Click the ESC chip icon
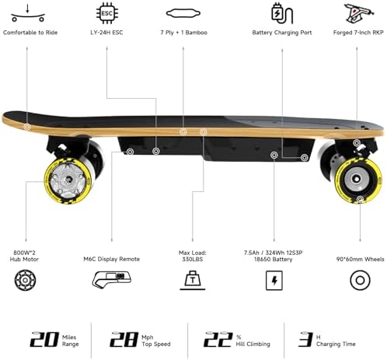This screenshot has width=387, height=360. (x=106, y=13)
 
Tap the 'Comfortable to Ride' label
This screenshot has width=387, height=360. (x=30, y=33)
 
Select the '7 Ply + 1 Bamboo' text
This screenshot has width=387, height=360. (x=183, y=33)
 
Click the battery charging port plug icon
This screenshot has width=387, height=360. (x=282, y=13)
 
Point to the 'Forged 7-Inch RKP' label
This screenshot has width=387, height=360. (x=358, y=33)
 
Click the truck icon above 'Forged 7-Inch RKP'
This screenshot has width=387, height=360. (x=359, y=13)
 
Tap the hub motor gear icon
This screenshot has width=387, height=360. (x=25, y=280)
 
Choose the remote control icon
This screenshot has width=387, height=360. (x=112, y=280)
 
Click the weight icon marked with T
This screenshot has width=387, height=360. (x=193, y=280)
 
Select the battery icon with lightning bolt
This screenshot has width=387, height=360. (x=274, y=281)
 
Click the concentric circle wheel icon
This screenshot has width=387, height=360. (x=360, y=280)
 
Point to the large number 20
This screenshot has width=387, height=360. (x=44, y=339)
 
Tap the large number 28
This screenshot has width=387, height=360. (x=124, y=339)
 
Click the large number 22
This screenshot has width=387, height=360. (x=218, y=339)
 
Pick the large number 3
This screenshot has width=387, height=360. (x=305, y=339)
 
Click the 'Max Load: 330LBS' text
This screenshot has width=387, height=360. (x=193, y=256)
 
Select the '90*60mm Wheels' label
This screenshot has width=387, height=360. (x=360, y=259)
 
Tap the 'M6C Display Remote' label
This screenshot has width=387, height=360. (x=112, y=259)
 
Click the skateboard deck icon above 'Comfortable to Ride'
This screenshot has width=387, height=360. (x=28, y=13)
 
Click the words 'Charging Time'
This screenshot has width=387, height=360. (x=336, y=344)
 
